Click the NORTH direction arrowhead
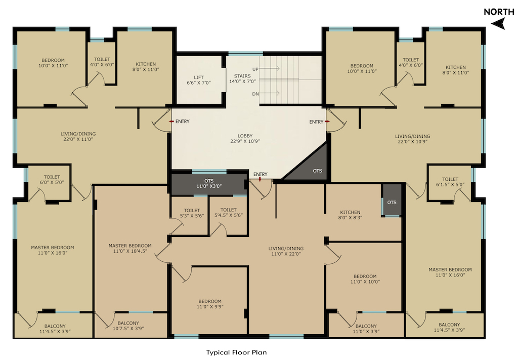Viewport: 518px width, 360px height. coord(499,23)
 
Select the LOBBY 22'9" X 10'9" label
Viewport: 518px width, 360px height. coord(245,138)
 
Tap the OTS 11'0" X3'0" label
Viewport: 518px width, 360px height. coord(209,183)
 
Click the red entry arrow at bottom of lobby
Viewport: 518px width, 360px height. coord(260,179)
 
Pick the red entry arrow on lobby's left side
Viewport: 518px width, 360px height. coord(171,122)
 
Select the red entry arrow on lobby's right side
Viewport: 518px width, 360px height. coord(327,122)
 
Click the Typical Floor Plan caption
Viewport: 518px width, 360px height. coord(237,352)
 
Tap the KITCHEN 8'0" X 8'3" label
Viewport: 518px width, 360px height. coord(350,215)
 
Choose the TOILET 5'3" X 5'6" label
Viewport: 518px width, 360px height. coord(192,213)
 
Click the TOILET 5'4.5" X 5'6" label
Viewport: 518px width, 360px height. coord(228,212)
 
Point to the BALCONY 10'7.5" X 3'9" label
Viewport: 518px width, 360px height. coord(128,326)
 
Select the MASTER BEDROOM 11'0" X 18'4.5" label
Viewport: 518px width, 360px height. coord(130,248)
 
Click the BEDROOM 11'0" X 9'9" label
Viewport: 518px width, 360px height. coord(210,304)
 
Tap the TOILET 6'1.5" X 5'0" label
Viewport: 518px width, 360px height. coord(450,181)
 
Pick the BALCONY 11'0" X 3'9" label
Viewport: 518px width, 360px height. coord(366,329)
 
